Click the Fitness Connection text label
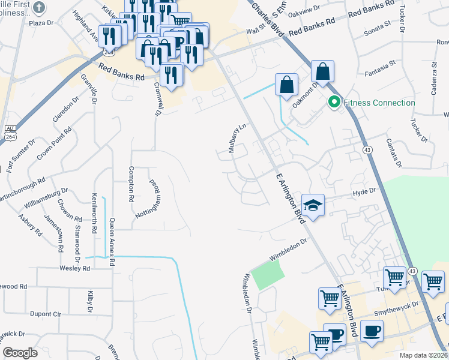[378, 103]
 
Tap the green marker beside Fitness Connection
[333, 103]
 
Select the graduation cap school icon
[312, 205]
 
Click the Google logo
[20, 352]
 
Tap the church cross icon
[39, 8]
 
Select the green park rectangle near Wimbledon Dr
[267, 277]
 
